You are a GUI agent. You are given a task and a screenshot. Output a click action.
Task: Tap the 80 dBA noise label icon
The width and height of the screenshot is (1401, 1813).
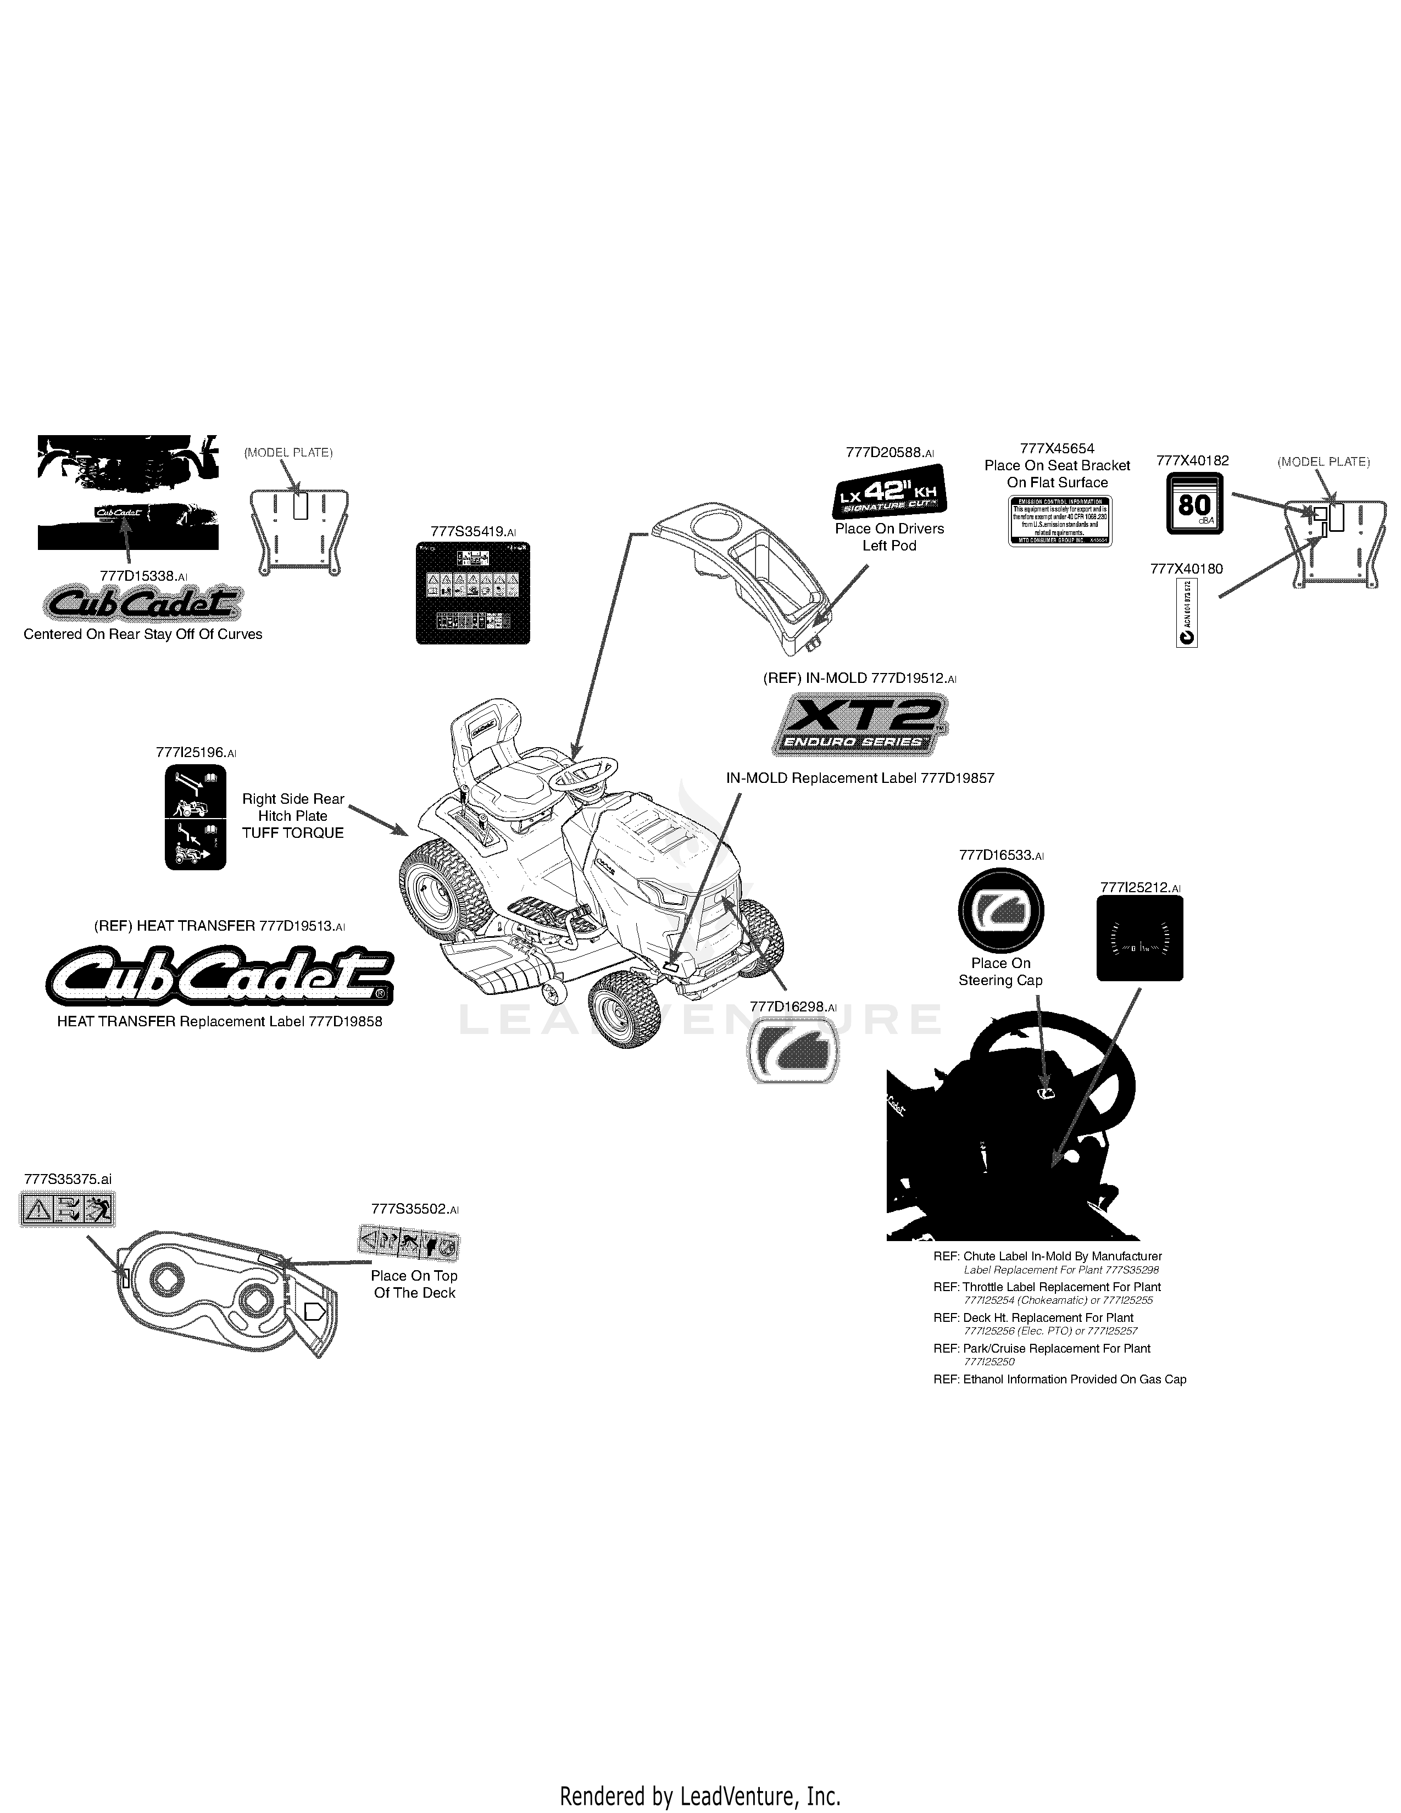1195,504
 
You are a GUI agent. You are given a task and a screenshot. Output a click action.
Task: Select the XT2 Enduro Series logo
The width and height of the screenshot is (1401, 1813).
860,726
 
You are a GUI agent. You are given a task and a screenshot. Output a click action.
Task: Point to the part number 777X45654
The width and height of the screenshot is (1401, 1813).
1057,448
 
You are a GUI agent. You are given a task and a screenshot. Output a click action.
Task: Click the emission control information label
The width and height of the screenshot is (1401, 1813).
1060,520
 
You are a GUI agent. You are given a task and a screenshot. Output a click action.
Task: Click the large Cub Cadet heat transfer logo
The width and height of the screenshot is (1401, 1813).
219,978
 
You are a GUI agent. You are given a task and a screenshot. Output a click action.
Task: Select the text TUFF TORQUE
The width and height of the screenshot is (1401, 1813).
292,833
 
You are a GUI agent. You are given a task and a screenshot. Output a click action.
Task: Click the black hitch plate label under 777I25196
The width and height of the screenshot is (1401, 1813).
195,817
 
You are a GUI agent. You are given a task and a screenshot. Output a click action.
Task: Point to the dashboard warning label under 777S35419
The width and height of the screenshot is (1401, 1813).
472,593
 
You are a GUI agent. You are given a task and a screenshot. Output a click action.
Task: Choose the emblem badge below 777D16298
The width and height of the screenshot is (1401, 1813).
793,1051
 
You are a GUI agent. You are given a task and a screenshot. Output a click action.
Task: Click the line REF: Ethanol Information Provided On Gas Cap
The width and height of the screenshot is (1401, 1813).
1060,1380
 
